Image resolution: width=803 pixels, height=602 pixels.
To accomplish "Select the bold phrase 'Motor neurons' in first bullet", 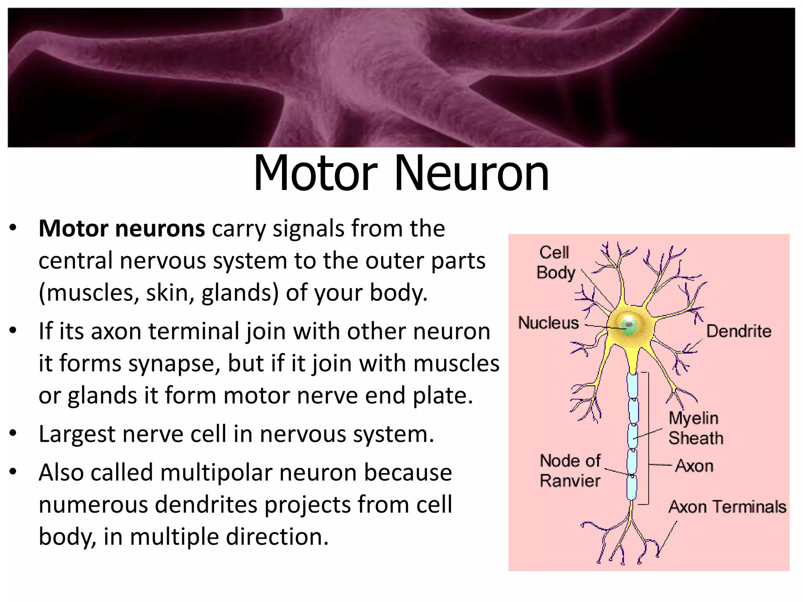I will tap(122, 228).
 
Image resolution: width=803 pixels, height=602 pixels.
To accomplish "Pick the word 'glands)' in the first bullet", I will tap(240, 293).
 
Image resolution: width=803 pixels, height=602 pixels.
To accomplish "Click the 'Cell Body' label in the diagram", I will tap(555, 262).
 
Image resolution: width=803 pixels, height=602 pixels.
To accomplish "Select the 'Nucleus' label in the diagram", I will tap(548, 323).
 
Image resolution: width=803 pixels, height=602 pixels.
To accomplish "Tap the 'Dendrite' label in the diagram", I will tap(739, 331).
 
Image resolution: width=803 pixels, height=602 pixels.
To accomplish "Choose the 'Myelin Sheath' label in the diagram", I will tap(695, 428).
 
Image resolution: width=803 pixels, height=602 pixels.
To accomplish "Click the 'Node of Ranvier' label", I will tap(570, 471).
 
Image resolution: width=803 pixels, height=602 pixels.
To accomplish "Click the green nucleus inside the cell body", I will tap(629, 325).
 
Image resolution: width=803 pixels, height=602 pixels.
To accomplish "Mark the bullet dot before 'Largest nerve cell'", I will tap(13, 433).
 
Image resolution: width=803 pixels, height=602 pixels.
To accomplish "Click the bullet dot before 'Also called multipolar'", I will tap(13, 471).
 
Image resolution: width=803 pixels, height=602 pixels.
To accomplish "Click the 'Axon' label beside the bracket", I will tap(694, 466).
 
